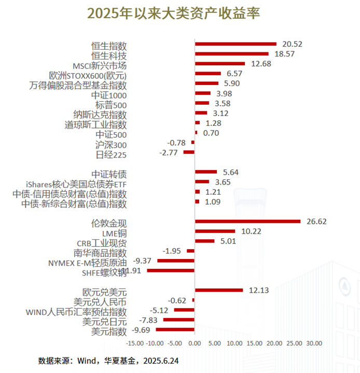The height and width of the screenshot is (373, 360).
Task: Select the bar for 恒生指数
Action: (x=236, y=44)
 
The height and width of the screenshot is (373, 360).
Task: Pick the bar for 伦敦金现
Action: (x=247, y=221)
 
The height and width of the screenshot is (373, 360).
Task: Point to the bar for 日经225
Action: (x=189, y=152)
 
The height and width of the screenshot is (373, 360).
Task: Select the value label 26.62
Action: (x=316, y=222)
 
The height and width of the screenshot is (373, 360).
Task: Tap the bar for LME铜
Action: (x=215, y=231)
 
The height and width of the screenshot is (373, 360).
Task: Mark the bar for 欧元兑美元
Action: (x=218, y=290)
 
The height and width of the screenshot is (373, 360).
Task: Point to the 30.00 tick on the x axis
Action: (x=314, y=343)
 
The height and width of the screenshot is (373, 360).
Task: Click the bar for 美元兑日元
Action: (x=179, y=320)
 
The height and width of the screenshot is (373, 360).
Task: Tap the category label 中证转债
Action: (x=109, y=174)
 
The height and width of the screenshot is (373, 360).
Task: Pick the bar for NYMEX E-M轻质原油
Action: (x=176, y=261)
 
